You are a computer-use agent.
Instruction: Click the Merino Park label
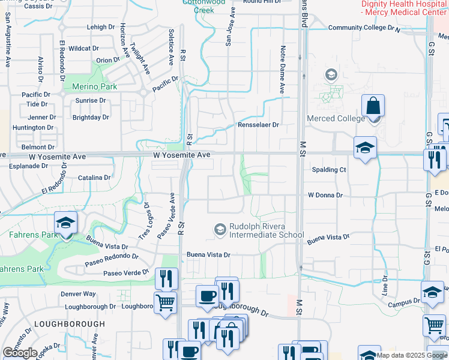94,86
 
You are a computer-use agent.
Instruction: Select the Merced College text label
336,118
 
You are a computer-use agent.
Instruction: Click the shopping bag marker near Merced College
373,106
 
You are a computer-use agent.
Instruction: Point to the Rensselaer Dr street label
259,125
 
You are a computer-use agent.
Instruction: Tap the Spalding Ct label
329,170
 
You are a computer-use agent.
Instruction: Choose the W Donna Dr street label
325,195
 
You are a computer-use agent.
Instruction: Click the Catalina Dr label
95,178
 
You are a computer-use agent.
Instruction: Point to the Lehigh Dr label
100,28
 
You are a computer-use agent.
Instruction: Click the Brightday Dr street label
91,118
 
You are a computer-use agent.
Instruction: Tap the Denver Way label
78,294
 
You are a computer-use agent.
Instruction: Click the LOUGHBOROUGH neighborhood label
70,324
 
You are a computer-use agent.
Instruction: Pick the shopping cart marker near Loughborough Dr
165,301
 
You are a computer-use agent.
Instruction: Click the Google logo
20,353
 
